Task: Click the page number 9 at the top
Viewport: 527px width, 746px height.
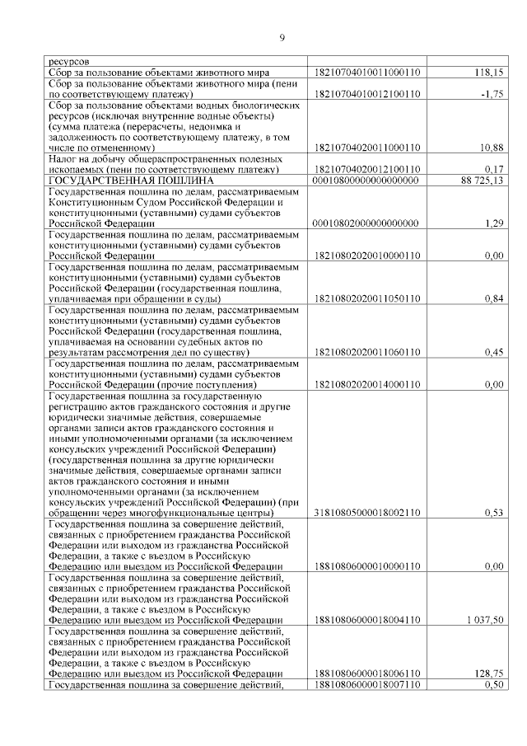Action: coord(282,36)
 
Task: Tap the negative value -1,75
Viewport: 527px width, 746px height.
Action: coord(491,94)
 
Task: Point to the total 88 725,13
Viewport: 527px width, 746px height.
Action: coord(478,180)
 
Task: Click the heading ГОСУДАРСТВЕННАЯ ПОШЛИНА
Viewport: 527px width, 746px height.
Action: coord(132,180)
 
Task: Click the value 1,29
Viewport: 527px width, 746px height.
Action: coord(492,223)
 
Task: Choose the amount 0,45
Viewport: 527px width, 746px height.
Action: coord(492,353)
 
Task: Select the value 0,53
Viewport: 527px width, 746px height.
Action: coord(492,514)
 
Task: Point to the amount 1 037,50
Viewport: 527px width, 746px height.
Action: coord(483,620)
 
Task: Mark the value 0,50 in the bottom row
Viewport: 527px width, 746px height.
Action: coord(492,684)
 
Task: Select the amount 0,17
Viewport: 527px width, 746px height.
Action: coord(492,169)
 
